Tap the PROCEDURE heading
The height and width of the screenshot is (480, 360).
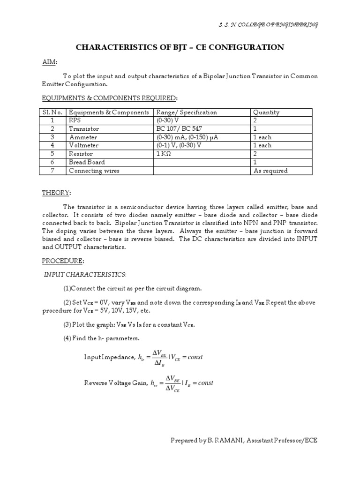tap(58, 260)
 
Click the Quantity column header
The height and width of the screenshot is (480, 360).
tap(266, 112)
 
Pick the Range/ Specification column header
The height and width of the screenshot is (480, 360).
tap(187, 112)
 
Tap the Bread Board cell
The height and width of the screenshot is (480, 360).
tap(87, 162)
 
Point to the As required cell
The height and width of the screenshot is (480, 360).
tap(270, 171)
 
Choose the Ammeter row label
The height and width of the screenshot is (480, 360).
tap(83, 137)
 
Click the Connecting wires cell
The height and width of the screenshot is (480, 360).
tap(94, 171)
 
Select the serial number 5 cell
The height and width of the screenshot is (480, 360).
tap(53, 154)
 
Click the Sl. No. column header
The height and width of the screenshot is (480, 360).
tap(53, 112)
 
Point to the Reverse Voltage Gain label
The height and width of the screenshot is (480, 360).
tap(115, 383)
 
